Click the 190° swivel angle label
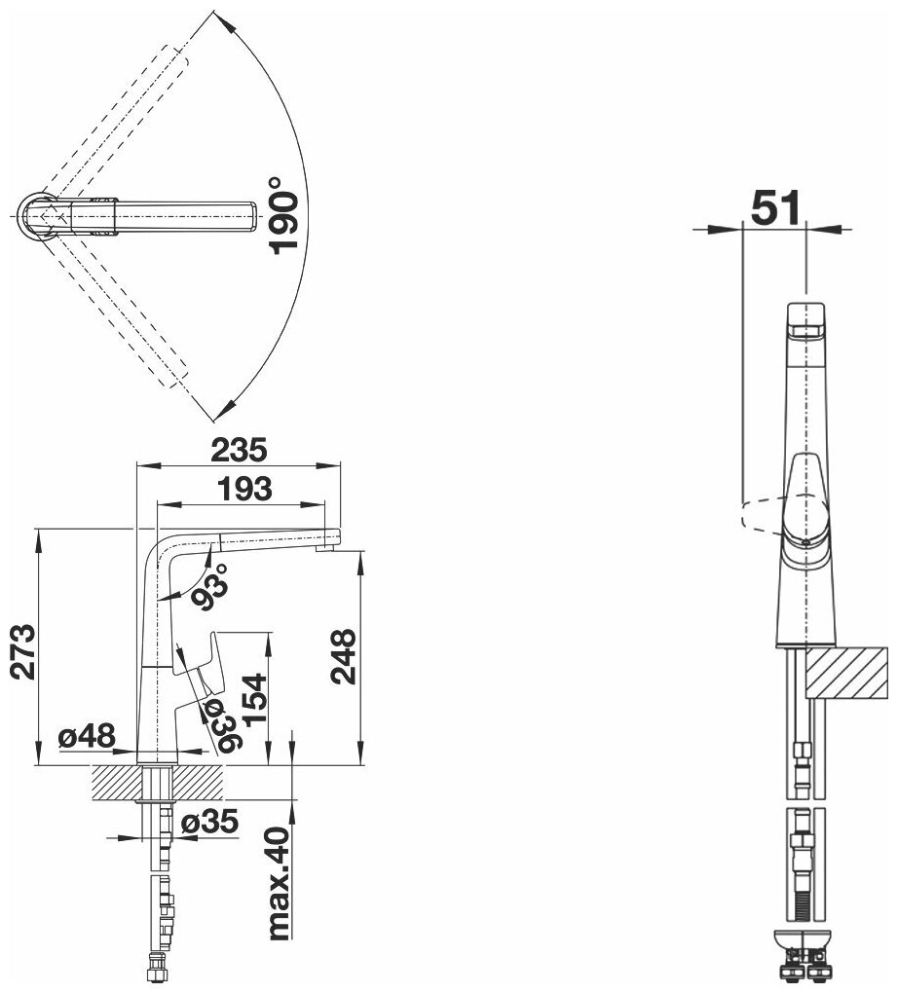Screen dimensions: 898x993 [282, 216]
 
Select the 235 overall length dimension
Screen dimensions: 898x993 [240, 451]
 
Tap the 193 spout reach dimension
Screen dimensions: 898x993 [244, 489]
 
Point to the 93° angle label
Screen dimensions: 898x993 [209, 586]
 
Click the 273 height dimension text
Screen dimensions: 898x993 [24, 651]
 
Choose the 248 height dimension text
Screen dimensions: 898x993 [342, 656]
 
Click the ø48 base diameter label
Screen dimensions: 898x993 [87, 736]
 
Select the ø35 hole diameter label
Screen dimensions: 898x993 [209, 822]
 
